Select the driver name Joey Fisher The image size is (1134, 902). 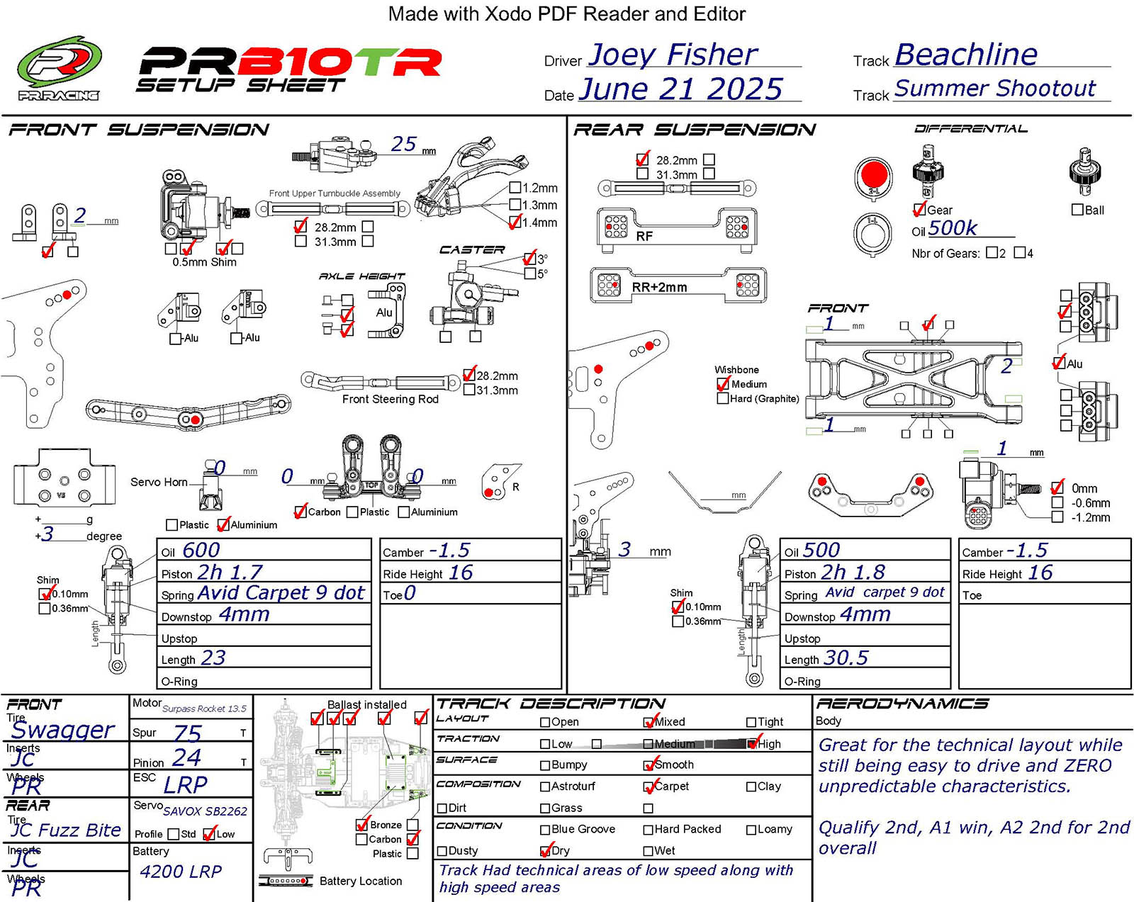click(x=672, y=55)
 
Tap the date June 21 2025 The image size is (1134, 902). click(x=680, y=89)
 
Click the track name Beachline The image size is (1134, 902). click(x=966, y=55)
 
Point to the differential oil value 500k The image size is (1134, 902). click(x=953, y=228)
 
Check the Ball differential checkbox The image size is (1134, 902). click(x=1077, y=210)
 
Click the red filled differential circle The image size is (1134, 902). click(x=873, y=174)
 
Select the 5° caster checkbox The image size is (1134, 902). click(x=530, y=274)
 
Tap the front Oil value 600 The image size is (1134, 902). click(x=201, y=551)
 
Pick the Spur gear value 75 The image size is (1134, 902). click(x=188, y=733)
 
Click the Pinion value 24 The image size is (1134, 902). click(x=187, y=758)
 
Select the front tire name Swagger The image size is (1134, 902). click(x=62, y=730)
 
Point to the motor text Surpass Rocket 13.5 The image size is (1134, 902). click(x=204, y=709)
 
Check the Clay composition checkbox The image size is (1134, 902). click(x=751, y=787)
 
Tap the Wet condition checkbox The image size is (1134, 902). click(x=648, y=851)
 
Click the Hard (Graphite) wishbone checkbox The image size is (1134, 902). click(x=722, y=399)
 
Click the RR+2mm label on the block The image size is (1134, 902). click(x=659, y=288)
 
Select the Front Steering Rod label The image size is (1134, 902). click(x=390, y=400)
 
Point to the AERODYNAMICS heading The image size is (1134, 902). click(x=902, y=704)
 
